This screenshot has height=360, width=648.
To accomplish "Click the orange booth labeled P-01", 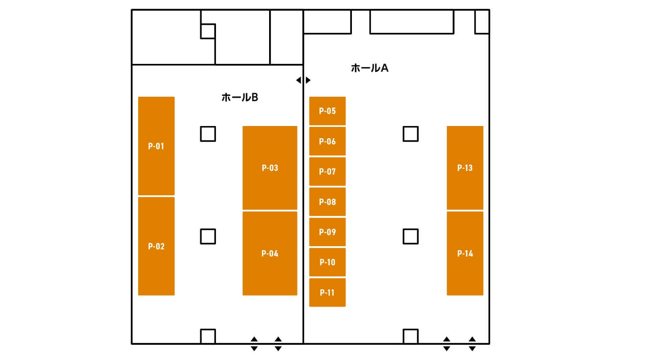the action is (156, 146).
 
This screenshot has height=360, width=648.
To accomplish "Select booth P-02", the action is (156, 246).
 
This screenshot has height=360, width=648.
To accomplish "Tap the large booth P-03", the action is (270, 167).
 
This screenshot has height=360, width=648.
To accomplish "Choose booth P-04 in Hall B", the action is (270, 253).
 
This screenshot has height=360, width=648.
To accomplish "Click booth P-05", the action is (328, 111).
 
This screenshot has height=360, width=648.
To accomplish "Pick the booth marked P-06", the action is (328, 141).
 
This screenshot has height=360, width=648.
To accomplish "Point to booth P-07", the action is (328, 171).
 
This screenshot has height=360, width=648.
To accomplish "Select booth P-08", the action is (328, 202).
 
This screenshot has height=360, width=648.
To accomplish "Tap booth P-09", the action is (328, 232).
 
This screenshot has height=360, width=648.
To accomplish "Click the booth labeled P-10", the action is (328, 262).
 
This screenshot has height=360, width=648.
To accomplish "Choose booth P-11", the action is (328, 292).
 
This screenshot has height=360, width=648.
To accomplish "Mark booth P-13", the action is (465, 167).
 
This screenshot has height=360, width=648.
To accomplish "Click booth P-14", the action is (465, 253).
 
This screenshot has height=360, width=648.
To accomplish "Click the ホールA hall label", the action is (370, 68).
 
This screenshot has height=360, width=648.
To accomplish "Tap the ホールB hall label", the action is (240, 97).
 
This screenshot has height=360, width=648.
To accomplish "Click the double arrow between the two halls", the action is (303, 80).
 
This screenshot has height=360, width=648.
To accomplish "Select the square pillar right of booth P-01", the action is (208, 134).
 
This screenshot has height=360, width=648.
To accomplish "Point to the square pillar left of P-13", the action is (411, 134).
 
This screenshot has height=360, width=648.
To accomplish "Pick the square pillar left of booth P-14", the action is (411, 236).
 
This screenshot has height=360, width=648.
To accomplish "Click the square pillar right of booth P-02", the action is (208, 236).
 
